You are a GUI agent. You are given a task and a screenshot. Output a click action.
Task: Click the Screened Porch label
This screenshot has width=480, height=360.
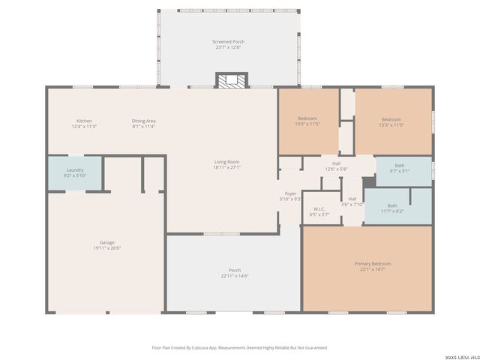click(228, 42)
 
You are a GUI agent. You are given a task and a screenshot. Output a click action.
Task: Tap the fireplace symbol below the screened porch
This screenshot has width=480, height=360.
click(231, 80)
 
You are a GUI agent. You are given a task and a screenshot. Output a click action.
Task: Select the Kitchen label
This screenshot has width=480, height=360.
click(84, 121)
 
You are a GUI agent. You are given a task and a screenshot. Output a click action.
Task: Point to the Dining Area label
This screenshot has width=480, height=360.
click(143, 121)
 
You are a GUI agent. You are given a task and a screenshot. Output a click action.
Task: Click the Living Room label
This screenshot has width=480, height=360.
click(226, 162)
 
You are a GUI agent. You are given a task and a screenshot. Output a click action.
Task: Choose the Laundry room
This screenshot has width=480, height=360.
click(75, 172)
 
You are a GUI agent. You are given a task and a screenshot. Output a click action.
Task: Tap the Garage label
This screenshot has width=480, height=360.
click(107, 242)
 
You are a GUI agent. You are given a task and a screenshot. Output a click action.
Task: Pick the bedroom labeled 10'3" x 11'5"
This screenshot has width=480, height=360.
click(307, 121)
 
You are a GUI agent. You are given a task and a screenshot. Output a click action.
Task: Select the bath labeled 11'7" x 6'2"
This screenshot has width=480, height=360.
click(392, 208)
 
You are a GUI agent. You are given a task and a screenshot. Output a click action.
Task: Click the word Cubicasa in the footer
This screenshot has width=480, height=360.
click(202, 347)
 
